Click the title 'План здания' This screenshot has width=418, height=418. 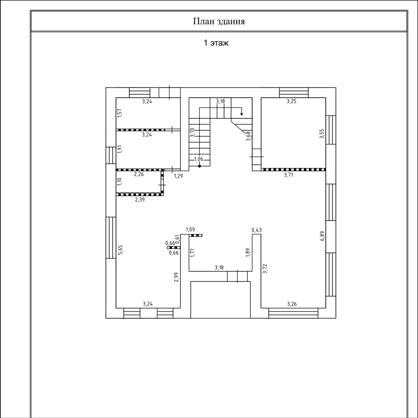click(219, 21)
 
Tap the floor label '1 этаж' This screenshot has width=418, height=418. click(216, 43)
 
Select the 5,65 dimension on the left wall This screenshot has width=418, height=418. click(120, 250)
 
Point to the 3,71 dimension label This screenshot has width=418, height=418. click(288, 175)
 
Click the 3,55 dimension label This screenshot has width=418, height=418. click(322, 134)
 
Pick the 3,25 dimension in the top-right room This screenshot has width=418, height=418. click(291, 101)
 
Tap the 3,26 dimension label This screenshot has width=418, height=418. click(292, 304)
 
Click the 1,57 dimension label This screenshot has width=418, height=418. click(120, 113)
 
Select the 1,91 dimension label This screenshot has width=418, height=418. click(120, 149)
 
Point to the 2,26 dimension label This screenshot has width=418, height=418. click(139, 175)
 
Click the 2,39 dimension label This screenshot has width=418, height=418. click(140, 199)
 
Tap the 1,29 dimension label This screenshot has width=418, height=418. click(178, 176)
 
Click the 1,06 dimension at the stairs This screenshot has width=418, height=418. click(199, 159)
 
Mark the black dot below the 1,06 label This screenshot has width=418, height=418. click(200, 166)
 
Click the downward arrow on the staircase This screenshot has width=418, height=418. click(242, 112)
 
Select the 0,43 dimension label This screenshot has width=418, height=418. click(257, 230)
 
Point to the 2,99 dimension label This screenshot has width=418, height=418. click(176, 277)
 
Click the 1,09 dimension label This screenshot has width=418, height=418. click(190, 229)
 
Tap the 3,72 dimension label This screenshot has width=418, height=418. click(265, 269)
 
